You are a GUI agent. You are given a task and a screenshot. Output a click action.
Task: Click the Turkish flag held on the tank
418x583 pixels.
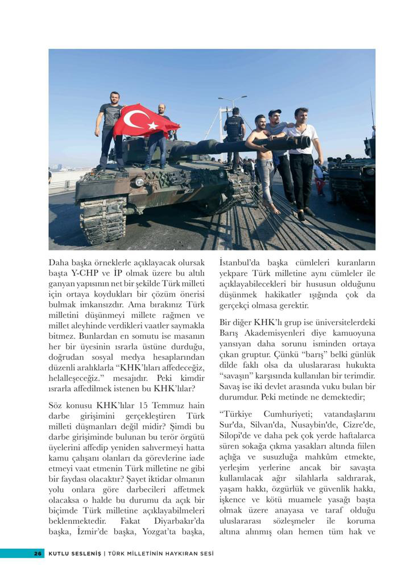145,121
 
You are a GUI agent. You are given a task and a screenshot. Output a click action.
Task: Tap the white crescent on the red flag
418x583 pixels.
135,119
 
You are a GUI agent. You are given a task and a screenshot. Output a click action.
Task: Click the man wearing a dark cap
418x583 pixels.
278,148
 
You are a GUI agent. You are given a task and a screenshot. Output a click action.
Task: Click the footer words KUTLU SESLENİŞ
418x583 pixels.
75,553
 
